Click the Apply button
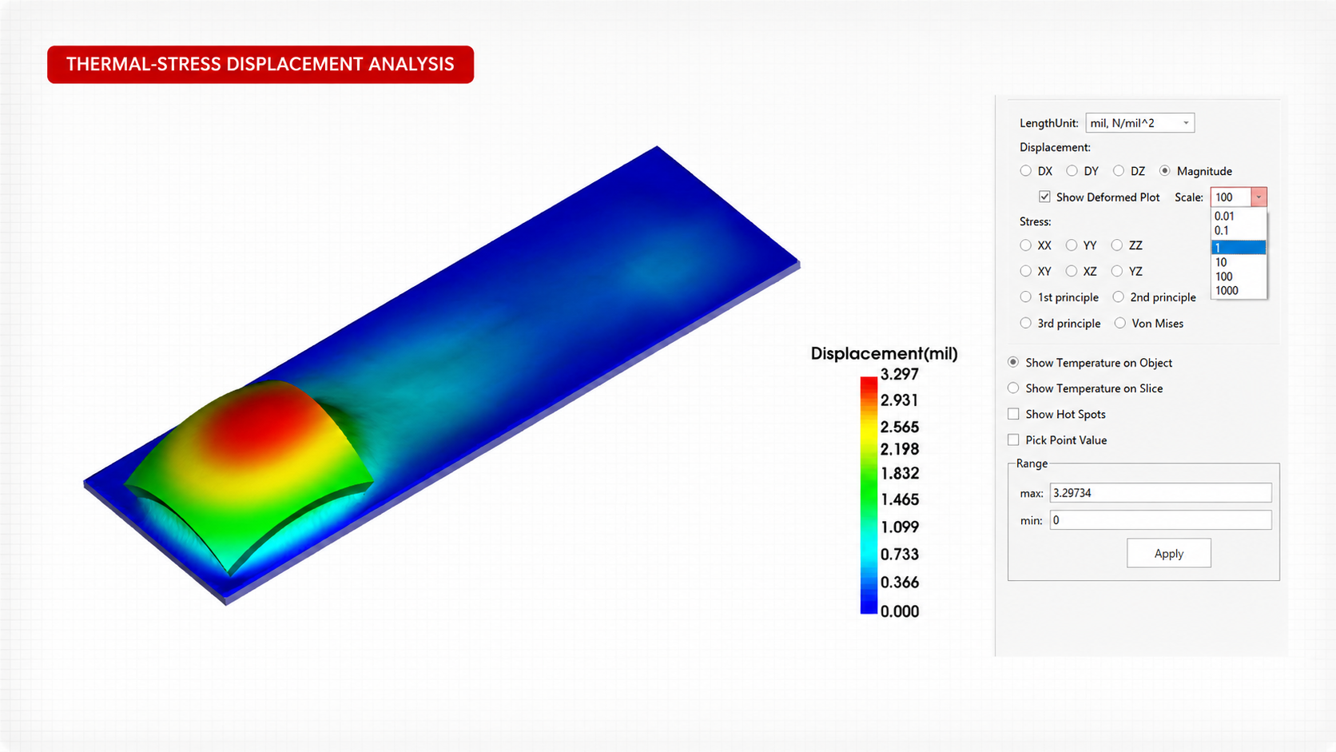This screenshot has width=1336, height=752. click(x=1168, y=554)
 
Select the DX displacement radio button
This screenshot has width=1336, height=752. click(x=1025, y=171)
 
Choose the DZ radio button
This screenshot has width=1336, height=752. click(x=1119, y=171)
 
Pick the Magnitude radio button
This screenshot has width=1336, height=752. click(x=1164, y=171)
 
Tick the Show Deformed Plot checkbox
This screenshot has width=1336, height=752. click(x=1044, y=197)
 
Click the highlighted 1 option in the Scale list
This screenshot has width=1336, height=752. click(x=1239, y=248)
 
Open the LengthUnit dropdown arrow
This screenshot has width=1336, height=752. click(x=1186, y=123)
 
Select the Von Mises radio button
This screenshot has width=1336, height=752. click(x=1120, y=323)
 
